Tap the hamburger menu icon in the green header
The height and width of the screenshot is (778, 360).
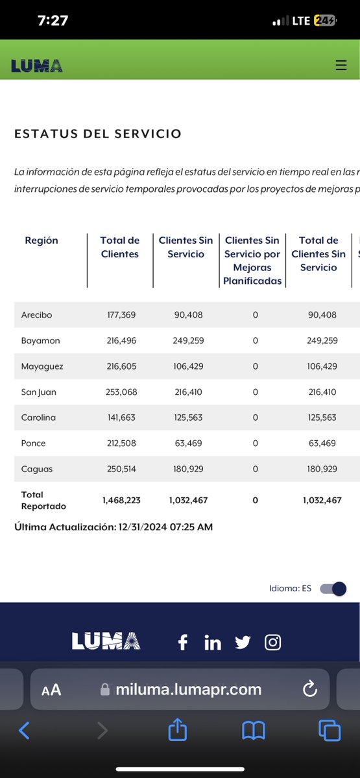coord(341,65)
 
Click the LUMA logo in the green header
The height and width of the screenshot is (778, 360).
coord(37,65)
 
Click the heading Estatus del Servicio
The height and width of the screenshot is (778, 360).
coord(98,134)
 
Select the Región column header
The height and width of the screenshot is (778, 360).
coord(42,241)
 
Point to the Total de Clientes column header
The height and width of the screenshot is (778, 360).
coord(120,247)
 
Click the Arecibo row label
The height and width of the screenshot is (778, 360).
coord(36,315)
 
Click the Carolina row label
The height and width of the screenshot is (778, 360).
coord(38,418)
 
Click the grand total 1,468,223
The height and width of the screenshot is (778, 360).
coord(121,501)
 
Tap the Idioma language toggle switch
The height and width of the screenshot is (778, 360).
coord(333,589)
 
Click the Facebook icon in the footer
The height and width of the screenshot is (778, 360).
coord(183,642)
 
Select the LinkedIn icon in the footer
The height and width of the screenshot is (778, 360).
coord(213,642)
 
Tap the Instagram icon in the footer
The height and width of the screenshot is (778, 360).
coord(273,642)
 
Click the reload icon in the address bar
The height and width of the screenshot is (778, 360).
coord(310,689)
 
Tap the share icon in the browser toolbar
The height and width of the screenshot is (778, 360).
coord(177,731)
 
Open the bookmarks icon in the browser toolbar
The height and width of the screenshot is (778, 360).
coord(254,731)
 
